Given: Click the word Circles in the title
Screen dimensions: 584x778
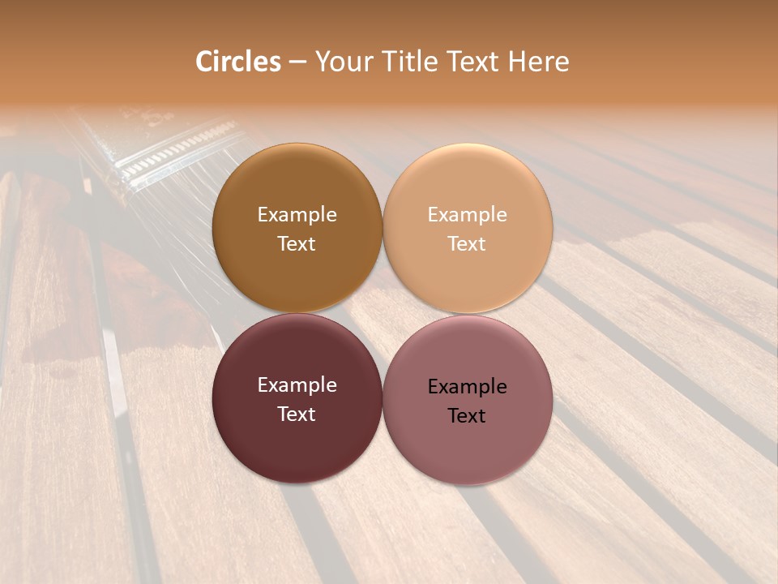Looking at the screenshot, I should pyautogui.click(x=238, y=62).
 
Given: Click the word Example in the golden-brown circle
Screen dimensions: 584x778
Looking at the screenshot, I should pyautogui.click(x=297, y=214).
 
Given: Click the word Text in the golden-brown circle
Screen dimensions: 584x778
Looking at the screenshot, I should pyautogui.click(x=297, y=243).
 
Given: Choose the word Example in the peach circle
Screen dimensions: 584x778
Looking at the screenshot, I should pyautogui.click(x=467, y=214).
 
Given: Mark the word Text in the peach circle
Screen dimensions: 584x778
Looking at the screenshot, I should pyautogui.click(x=467, y=243).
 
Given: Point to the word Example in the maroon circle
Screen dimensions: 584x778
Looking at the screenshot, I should pyautogui.click(x=297, y=384).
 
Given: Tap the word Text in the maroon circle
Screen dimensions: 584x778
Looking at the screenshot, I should pyautogui.click(x=297, y=414).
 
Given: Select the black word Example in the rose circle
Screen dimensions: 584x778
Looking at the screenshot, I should pyautogui.click(x=467, y=386).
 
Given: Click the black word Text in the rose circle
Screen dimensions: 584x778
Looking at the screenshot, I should pyautogui.click(x=467, y=415).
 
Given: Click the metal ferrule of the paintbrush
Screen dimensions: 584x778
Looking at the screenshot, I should pyautogui.click(x=170, y=150).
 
